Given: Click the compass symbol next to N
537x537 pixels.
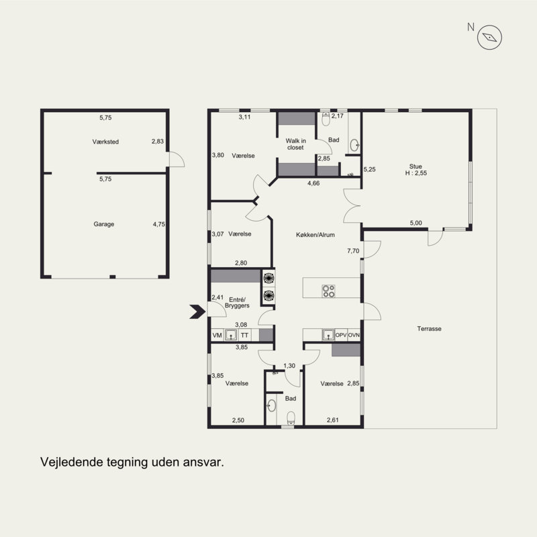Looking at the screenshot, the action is (489, 38).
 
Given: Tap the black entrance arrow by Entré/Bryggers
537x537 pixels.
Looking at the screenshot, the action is (197, 311).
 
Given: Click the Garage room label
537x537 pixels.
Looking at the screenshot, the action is (104, 224).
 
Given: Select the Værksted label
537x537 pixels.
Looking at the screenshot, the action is (105, 142).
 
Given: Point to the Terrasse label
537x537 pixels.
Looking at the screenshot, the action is (429, 328).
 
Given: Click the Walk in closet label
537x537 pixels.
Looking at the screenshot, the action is (295, 144).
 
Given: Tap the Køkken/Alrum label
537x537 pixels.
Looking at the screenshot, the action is (315, 234).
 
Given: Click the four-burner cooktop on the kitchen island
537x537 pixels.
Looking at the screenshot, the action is (328, 291).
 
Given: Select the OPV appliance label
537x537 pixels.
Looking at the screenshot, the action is (341, 335).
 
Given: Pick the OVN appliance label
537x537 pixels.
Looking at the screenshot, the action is (354, 335).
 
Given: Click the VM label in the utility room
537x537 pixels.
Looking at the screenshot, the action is (217, 335).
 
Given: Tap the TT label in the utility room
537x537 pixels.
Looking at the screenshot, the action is (244, 335).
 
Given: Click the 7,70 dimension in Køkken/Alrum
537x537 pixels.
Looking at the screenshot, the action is (353, 250).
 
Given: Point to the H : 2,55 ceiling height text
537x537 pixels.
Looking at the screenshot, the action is (416, 173).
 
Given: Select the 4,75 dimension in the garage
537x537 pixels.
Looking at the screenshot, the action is (159, 224).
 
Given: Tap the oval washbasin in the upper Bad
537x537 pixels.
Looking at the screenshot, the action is (354, 145).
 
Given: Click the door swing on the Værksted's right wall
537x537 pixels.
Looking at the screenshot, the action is (177, 159).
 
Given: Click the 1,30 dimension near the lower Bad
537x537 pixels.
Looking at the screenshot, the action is (289, 365).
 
